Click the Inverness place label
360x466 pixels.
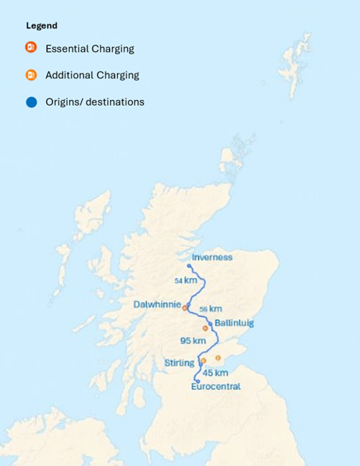pos(212,257)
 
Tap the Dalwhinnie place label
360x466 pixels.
pos(157,304)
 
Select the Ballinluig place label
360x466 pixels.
pos(234,323)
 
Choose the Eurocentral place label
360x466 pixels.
pos(216,387)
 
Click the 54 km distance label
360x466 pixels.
pos(185,280)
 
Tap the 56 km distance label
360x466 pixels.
pos(210,309)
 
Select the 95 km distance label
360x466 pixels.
pos(193,340)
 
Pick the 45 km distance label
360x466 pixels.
pos(216,373)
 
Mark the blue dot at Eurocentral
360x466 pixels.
pos(197,381)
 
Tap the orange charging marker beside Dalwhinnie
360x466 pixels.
pos(185,308)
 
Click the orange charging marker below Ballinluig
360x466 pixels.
pos(206,328)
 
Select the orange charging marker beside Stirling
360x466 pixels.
pos(203,360)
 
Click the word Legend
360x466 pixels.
pos(42,26)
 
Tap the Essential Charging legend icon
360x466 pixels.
pos(31,48)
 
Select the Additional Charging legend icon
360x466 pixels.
pos(31,75)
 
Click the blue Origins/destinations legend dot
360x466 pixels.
pos(31,102)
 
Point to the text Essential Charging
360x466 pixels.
pos(90,49)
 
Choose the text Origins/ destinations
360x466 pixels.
pos(95,102)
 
